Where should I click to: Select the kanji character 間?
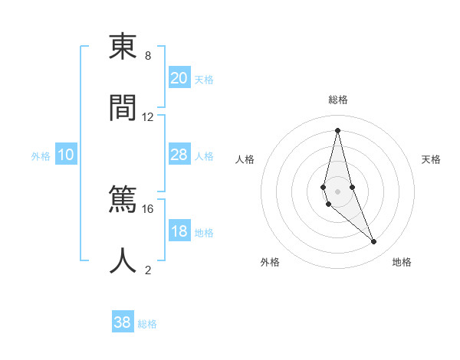pyautogui.click(x=123, y=108)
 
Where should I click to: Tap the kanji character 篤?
pyautogui.click(x=123, y=200)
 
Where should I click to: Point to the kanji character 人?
pyautogui.click(x=123, y=260)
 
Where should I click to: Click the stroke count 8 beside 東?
pyautogui.click(x=148, y=56)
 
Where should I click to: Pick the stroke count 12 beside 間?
pyautogui.click(x=148, y=117)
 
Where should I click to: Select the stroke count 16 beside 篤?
pyautogui.click(x=148, y=208)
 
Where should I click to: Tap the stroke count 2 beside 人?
pyautogui.click(x=148, y=270)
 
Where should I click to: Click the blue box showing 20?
pyautogui.click(x=179, y=78)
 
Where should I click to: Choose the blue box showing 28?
pyautogui.click(x=179, y=155)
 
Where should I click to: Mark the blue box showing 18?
pyautogui.click(x=179, y=231)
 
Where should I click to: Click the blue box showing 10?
pyautogui.click(x=66, y=155)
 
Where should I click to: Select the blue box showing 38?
pyautogui.click(x=123, y=322)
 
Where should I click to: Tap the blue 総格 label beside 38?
pyautogui.click(x=147, y=324)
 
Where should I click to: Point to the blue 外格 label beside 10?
pyautogui.click(x=41, y=156)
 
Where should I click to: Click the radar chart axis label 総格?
pyautogui.click(x=337, y=100)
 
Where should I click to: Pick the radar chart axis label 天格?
pyautogui.click(x=432, y=159)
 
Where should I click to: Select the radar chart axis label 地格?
pyautogui.click(x=402, y=262)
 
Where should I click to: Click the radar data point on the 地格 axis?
pyautogui.click(x=374, y=241)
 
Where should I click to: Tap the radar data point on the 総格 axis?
pyautogui.click(x=337, y=129)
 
